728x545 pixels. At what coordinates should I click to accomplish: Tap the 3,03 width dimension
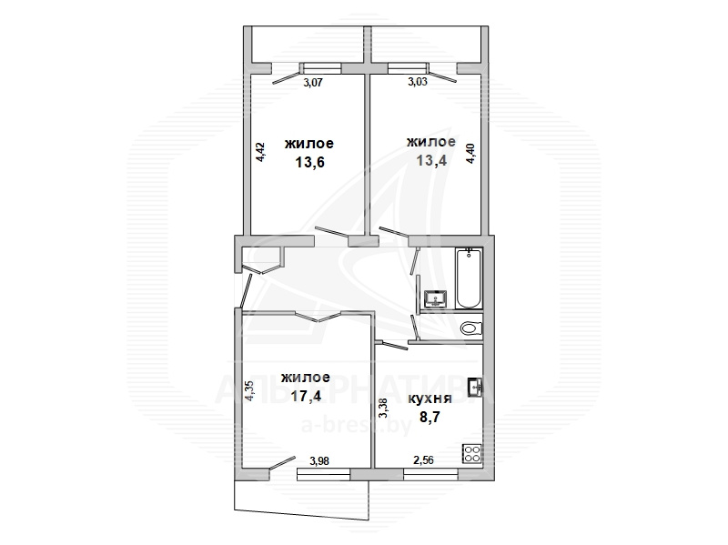pyautogui.click(x=418, y=82)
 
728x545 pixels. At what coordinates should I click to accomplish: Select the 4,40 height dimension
pyautogui.click(x=471, y=153)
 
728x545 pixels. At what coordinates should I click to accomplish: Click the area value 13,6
pyautogui.click(x=309, y=163)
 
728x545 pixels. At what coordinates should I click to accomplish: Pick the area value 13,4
pyautogui.click(x=431, y=161)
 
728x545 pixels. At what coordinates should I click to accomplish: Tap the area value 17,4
pyautogui.click(x=306, y=396)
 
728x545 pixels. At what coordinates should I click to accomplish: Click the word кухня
pyautogui.click(x=430, y=399)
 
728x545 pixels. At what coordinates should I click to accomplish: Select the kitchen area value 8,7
pyautogui.click(x=430, y=417)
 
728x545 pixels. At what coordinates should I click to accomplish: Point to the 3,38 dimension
pyautogui.click(x=383, y=409)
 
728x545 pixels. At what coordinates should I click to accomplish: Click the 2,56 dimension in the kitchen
pyautogui.click(x=423, y=460)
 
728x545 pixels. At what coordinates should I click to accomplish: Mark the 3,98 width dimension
pyautogui.click(x=319, y=461)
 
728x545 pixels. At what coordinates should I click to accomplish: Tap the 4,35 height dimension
pyautogui.click(x=249, y=391)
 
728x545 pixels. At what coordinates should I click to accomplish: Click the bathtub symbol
pyautogui.click(x=469, y=278)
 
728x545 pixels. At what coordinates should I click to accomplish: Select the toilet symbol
pyautogui.click(x=471, y=328)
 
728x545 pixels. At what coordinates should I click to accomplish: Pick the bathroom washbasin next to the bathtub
pyautogui.click(x=436, y=298)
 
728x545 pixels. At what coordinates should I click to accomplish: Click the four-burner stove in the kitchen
pyautogui.click(x=471, y=453)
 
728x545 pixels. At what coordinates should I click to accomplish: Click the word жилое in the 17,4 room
pyautogui.click(x=306, y=378)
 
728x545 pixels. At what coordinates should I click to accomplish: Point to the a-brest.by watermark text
pyautogui.click(x=357, y=425)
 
